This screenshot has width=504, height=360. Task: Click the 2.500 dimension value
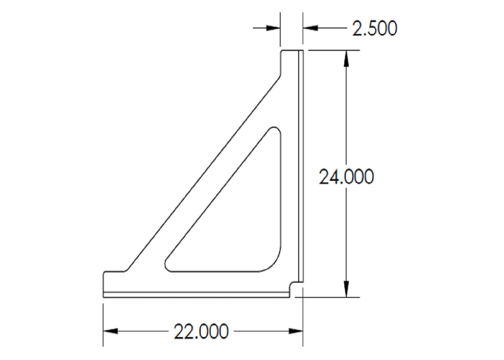[x=374, y=29]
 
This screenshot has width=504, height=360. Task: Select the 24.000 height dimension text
[x=346, y=177]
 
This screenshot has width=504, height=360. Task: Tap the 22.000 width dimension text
[x=201, y=332]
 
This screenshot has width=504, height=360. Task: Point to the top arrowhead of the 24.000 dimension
[x=346, y=59]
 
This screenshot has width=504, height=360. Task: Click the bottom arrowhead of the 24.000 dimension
[x=346, y=289]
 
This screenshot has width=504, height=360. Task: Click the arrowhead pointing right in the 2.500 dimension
[x=273, y=28]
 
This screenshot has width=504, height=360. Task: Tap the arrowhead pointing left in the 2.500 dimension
[x=310, y=28]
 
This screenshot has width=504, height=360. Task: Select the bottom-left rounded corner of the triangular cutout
[x=168, y=264]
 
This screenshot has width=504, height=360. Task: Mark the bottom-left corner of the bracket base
[x=104, y=297]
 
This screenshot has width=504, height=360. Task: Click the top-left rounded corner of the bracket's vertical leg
[x=282, y=52]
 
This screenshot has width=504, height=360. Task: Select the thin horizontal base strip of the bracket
[x=196, y=294]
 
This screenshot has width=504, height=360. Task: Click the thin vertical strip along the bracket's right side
[x=300, y=167]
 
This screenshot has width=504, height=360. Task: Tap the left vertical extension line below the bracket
[x=103, y=322]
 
